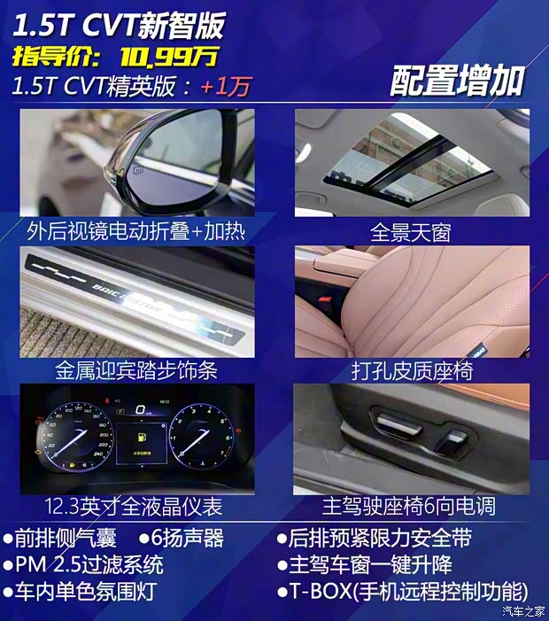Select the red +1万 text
click(225, 87)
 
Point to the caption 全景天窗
click(410, 232)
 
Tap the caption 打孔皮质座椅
click(411, 369)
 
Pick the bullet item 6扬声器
click(181, 538)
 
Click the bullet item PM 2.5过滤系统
click(89, 564)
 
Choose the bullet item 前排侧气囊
click(63, 538)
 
